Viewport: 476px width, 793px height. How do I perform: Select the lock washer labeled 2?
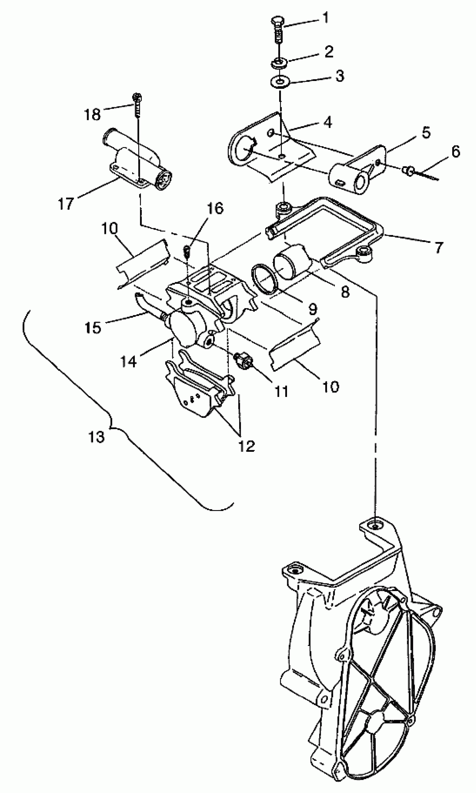(280, 63)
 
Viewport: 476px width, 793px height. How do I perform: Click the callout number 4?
(327, 122)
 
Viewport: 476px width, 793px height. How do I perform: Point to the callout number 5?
(426, 132)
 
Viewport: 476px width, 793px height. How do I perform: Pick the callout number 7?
(438, 247)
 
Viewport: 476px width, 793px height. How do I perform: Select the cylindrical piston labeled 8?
(292, 261)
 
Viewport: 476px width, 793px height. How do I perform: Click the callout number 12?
(246, 446)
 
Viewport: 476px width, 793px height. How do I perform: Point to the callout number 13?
(97, 437)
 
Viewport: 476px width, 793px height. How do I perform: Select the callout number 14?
(128, 362)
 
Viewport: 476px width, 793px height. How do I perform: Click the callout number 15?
(93, 327)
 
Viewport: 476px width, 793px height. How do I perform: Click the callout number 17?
(66, 203)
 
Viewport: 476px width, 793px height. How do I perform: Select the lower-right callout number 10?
(331, 387)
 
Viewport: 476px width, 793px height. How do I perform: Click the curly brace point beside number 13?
(111, 427)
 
